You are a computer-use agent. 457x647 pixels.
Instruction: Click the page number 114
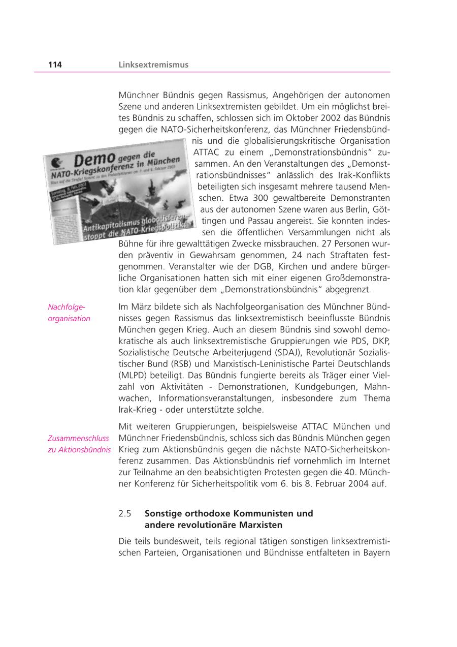pos(55,65)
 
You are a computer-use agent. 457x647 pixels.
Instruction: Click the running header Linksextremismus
pos(153,65)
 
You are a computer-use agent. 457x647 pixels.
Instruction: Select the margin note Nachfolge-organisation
pos(69,313)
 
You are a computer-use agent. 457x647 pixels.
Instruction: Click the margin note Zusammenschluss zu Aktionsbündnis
pos(79,444)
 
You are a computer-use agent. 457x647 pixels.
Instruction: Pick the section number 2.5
pos(125,513)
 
